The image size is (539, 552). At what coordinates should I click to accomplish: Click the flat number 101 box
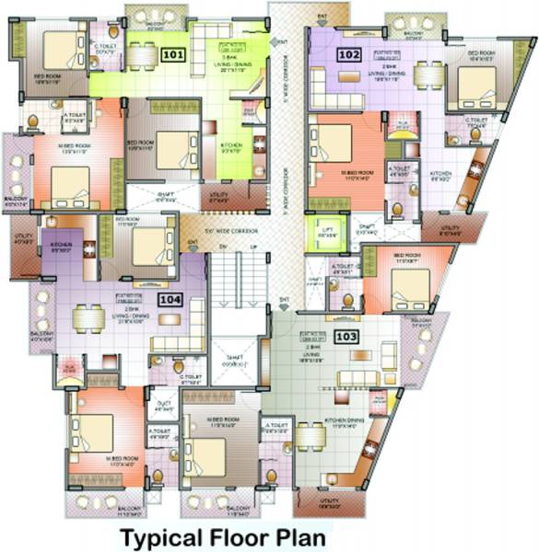click(172, 54)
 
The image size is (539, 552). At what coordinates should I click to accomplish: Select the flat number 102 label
click(348, 54)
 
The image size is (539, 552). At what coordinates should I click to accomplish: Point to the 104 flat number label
click(170, 299)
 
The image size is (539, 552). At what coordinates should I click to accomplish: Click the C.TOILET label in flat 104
click(191, 376)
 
